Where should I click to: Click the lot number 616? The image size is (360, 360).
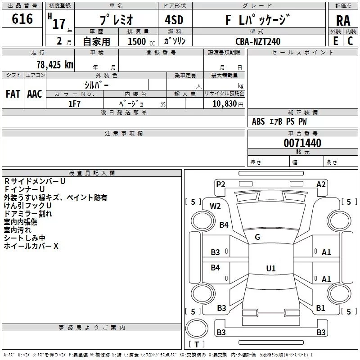coord(22,19)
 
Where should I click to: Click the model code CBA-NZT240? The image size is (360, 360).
coord(258,41)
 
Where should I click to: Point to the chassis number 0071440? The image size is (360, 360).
coord(302,144)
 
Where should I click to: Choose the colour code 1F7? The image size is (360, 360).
coord(74,104)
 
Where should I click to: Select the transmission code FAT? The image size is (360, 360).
coord(13,94)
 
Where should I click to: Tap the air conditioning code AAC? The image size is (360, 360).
coord(34,94)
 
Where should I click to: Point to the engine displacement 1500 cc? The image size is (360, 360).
coord(140,41)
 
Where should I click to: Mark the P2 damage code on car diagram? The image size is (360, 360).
coord(220,184)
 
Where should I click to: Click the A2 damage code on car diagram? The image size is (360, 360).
coord(321,184)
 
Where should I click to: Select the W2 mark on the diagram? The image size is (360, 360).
coord(215,206)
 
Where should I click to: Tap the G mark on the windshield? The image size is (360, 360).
coord(257,237)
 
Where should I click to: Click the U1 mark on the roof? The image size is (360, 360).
coord(270,268)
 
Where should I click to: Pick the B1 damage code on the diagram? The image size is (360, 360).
coord(320,308)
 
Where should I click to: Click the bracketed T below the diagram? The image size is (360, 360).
coord(196,344)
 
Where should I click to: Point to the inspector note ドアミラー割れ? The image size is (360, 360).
coord(28,213)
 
